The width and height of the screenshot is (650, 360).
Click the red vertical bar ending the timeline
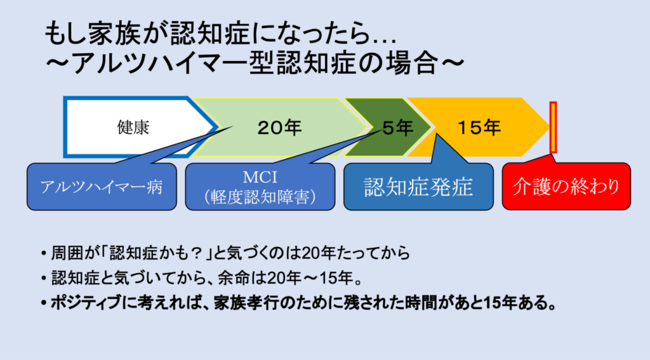[553, 128]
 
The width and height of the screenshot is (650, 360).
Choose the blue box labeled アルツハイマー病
[102, 187]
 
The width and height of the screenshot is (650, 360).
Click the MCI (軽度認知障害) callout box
[260, 187]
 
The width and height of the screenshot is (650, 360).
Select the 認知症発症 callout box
[418, 187]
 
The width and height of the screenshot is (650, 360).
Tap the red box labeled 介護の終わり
[566, 186]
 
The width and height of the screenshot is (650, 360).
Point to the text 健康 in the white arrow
[133, 128]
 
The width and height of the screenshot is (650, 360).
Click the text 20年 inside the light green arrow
[279, 128]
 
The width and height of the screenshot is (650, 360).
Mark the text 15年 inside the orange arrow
[479, 128]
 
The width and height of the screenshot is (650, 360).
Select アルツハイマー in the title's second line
[161, 63]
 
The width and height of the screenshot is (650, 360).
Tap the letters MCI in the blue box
[260, 177]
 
